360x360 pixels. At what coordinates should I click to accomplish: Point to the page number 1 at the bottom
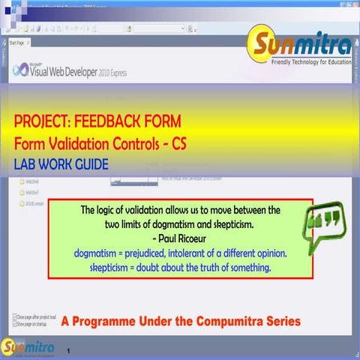[69, 350]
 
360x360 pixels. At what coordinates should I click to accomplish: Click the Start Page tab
[22, 43]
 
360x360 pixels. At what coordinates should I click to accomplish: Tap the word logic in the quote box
[115, 210]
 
